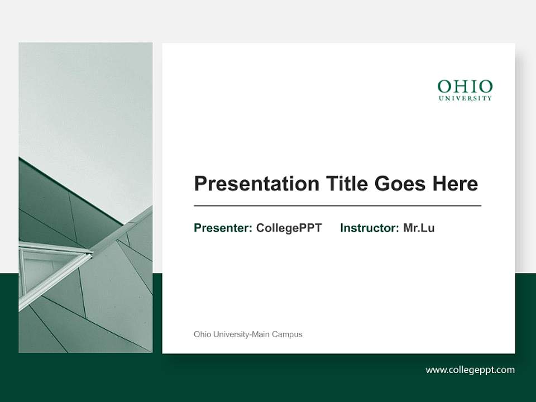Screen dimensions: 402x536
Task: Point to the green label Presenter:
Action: click(x=223, y=228)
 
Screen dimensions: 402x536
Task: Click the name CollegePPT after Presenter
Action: click(x=289, y=228)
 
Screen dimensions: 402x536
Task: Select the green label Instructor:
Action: click(x=370, y=228)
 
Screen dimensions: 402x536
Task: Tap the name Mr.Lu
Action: click(x=419, y=228)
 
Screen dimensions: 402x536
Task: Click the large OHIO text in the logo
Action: click(x=465, y=87)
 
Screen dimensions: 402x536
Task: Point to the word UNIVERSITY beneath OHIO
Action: click(x=465, y=98)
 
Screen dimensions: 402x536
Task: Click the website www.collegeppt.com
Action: click(x=470, y=370)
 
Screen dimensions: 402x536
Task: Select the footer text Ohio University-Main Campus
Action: click(x=248, y=334)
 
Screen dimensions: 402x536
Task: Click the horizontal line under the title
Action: click(x=337, y=206)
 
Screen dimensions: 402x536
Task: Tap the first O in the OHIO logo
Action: click(x=444, y=87)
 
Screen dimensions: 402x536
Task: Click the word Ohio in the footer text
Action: click(x=202, y=334)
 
